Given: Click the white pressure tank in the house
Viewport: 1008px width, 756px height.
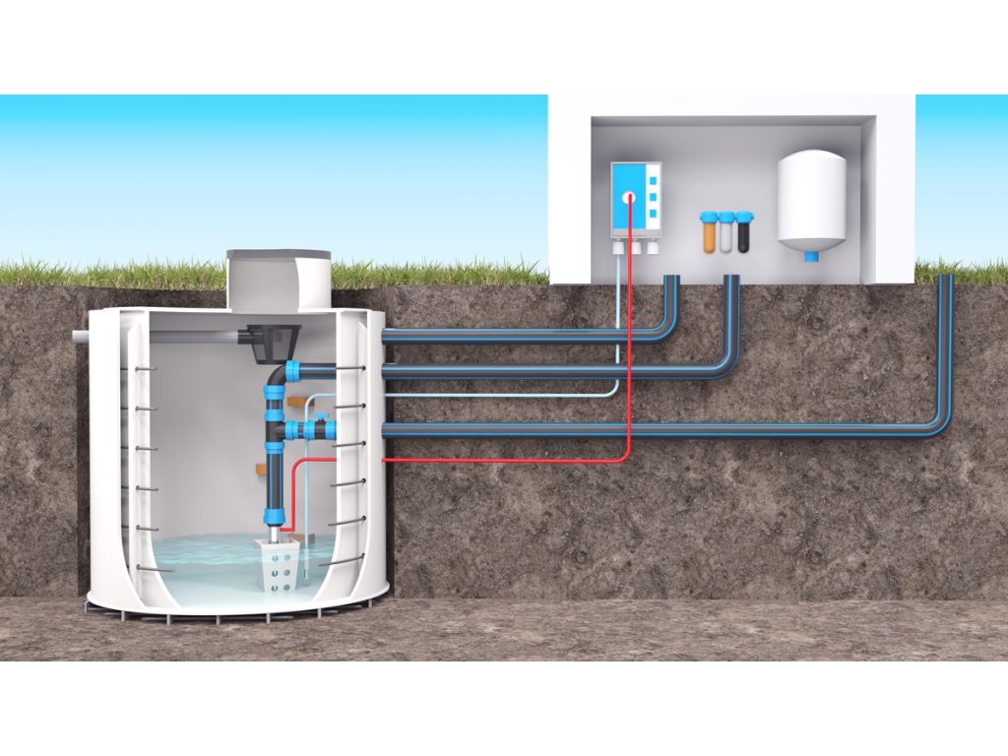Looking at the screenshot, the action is point(812,202).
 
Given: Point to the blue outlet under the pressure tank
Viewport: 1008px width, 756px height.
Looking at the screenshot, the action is point(811,256).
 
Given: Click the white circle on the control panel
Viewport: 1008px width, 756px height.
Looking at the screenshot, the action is point(627,197).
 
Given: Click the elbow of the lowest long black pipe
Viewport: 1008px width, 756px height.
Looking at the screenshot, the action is point(940,423).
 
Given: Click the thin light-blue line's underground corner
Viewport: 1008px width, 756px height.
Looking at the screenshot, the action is point(616,391).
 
